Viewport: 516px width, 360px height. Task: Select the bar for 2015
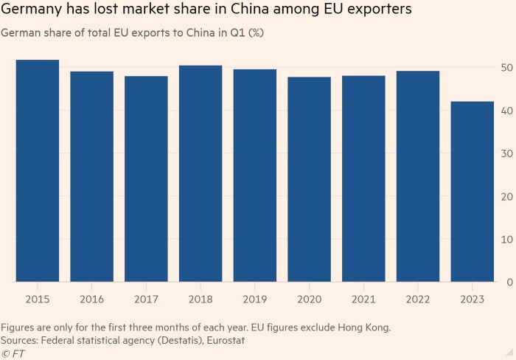click(38, 171)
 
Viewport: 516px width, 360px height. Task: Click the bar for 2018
click(201, 174)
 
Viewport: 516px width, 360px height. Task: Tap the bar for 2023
click(473, 192)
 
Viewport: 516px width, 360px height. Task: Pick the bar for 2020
click(310, 179)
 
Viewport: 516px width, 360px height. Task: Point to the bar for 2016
click(92, 176)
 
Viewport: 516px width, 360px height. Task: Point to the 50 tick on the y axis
click(505, 68)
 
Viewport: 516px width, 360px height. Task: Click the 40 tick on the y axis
click(505, 111)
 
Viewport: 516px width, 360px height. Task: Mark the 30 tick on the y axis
click(505, 153)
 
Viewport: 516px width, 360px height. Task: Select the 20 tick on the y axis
click(505, 196)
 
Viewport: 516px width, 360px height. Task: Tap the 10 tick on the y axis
click(505, 239)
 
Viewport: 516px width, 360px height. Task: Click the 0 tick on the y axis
click(508, 282)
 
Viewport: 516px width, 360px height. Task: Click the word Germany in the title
click(32, 10)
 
